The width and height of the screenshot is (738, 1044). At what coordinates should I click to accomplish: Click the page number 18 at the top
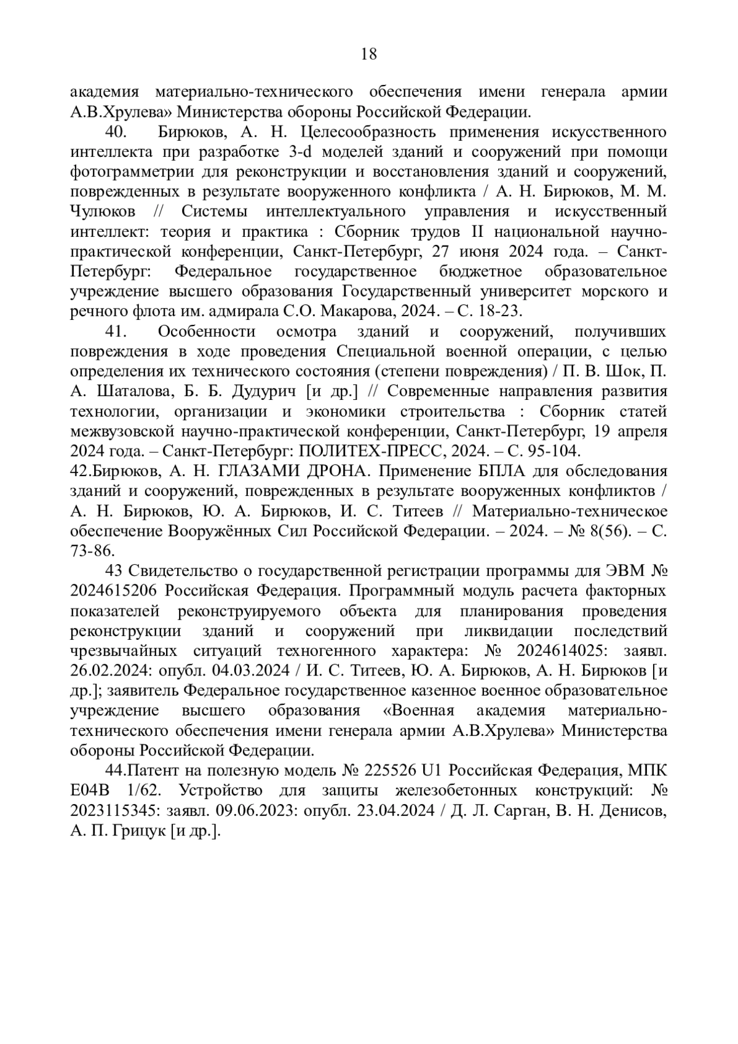pos(369,54)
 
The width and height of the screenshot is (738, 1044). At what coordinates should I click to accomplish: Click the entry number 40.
pos(116,132)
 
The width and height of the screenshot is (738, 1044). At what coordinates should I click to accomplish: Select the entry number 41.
pos(116,332)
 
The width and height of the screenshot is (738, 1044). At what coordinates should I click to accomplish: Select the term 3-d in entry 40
pos(301,153)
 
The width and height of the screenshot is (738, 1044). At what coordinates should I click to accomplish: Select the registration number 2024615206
pos(115,591)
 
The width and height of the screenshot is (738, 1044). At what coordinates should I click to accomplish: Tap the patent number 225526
pos(389,771)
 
